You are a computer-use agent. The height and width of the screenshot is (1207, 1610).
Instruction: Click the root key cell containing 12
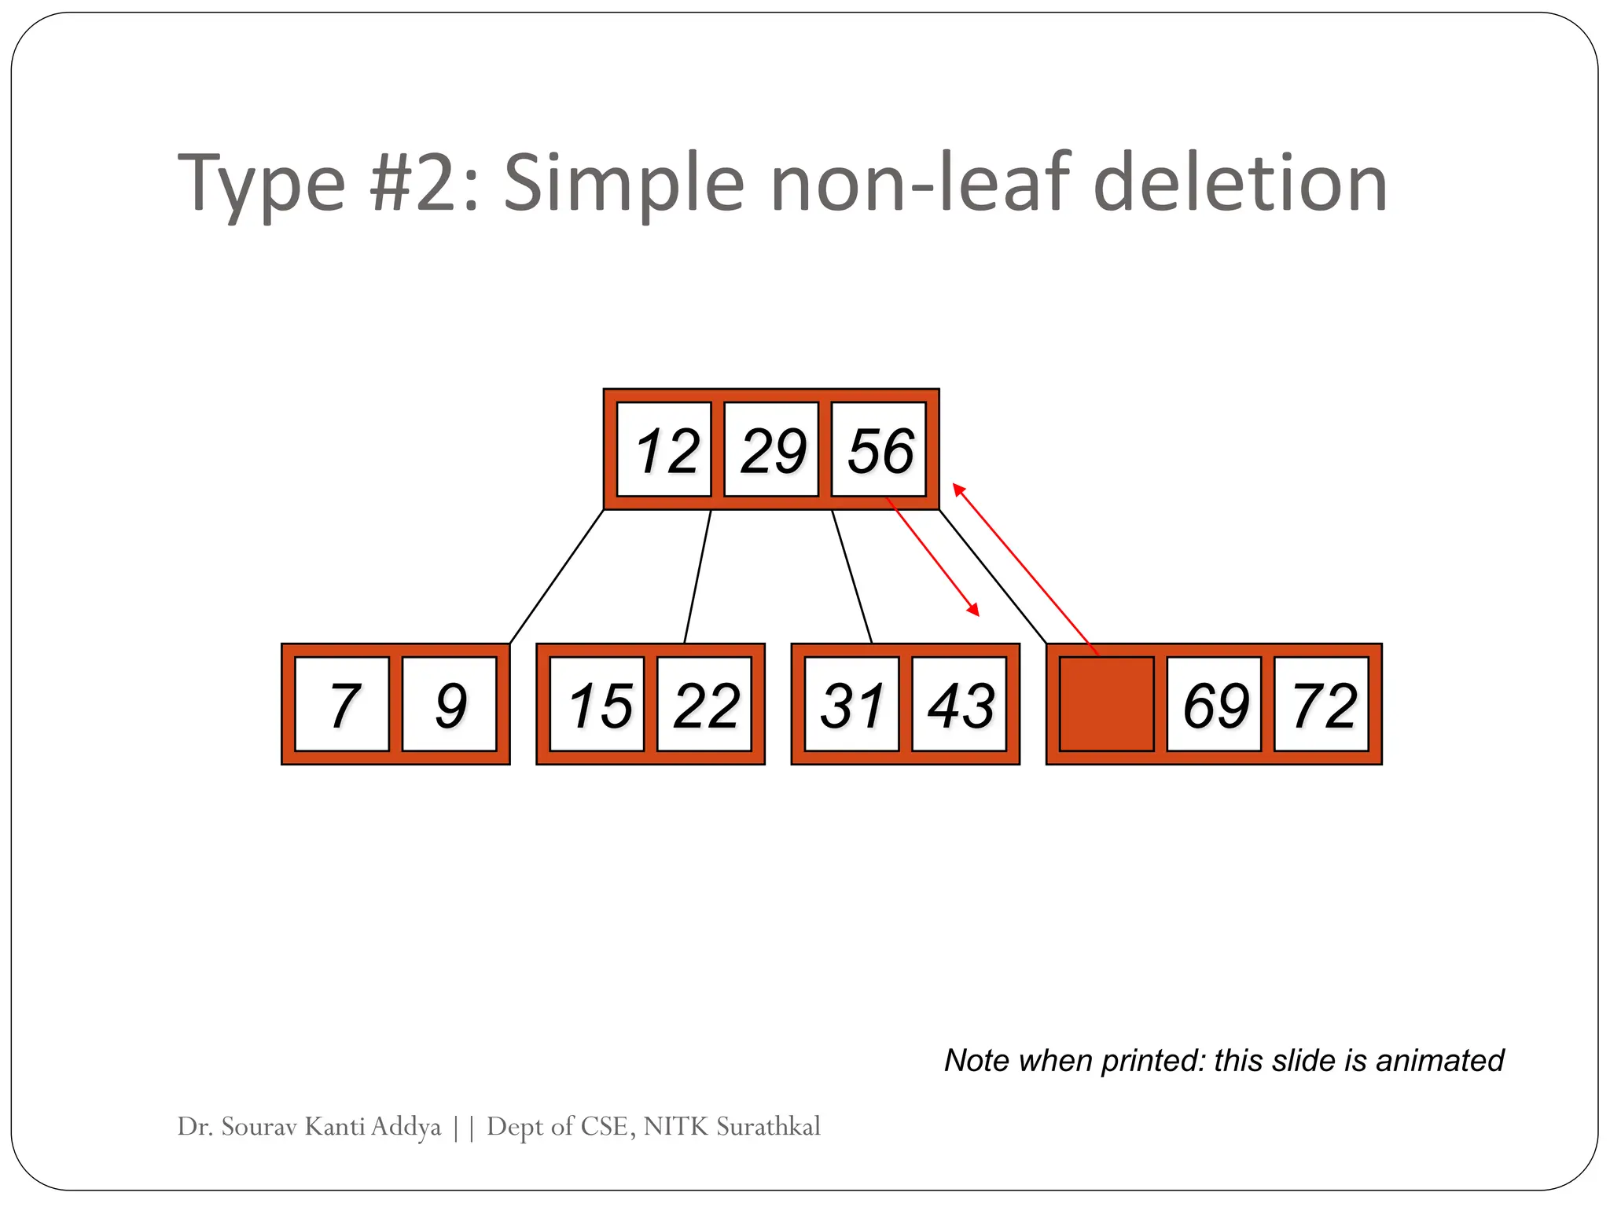coord(664,449)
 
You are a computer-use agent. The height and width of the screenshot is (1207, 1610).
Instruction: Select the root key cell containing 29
coord(771,449)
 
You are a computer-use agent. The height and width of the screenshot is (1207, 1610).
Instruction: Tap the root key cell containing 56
coord(879,449)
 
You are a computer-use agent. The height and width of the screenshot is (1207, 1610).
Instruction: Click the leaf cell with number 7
coord(342,704)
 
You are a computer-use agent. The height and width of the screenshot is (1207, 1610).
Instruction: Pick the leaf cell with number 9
coord(450,704)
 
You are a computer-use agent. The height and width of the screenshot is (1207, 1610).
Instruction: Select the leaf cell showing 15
coord(597,704)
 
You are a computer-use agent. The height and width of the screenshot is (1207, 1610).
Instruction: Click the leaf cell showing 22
coord(704,704)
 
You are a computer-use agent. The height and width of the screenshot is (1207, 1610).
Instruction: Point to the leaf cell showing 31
coord(851,704)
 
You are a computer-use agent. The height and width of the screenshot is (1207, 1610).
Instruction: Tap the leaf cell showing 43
coord(959,704)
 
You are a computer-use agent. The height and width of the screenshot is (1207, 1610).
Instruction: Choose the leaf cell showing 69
coord(1214,704)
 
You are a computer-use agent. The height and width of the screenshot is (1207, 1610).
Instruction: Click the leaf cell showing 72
coord(1321,704)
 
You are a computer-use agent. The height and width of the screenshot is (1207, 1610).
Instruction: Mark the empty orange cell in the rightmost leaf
coord(1107,704)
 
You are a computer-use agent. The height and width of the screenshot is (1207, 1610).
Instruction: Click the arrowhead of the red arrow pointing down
coord(974,611)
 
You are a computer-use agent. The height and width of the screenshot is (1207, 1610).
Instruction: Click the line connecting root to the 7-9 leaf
coord(557,577)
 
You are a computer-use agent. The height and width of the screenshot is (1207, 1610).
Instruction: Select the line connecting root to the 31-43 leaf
coord(852,577)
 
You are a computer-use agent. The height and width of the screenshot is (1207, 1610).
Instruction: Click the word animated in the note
coord(1439,1060)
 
